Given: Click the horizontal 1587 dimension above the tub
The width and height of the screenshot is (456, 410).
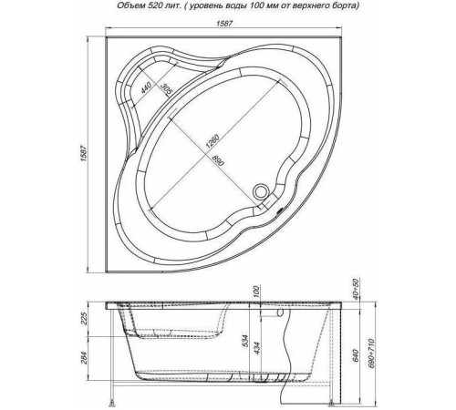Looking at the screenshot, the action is tap(224, 24).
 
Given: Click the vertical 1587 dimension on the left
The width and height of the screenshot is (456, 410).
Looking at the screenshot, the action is tap(84, 154).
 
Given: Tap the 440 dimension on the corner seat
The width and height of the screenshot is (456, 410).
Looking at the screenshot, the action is tap(146, 88).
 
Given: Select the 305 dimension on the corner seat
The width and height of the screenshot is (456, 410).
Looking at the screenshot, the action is tap(166, 88).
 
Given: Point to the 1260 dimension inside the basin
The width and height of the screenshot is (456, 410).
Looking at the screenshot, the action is tap(212, 141).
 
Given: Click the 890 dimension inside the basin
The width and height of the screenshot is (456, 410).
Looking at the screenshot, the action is tap(218, 159).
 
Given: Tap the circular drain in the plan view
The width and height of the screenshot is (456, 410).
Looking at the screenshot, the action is tap(261, 191).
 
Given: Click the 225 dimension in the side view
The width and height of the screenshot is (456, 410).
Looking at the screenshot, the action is tap(84, 318).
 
